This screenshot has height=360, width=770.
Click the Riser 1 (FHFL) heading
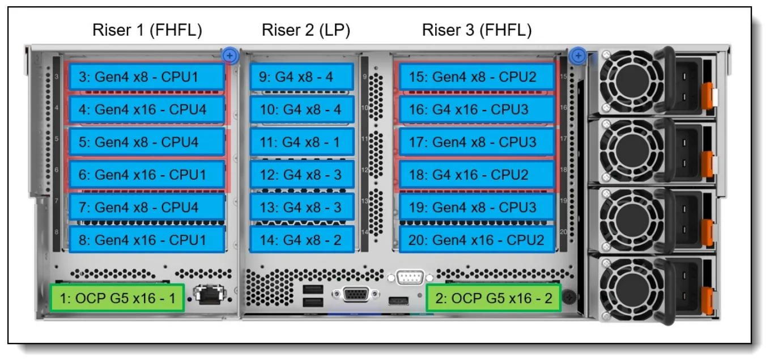(x=147, y=30)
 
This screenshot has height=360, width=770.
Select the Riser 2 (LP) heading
(x=305, y=30)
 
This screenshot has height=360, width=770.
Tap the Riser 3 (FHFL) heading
(x=477, y=30)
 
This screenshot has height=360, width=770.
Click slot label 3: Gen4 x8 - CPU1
(x=147, y=77)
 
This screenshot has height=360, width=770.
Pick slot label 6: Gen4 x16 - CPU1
(x=147, y=175)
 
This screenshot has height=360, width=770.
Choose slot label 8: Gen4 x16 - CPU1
(x=147, y=240)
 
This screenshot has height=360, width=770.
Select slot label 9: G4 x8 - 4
(x=302, y=77)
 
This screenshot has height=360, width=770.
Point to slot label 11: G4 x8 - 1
(x=302, y=142)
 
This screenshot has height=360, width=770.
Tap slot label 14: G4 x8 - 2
(x=302, y=240)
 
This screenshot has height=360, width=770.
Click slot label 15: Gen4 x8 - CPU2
(x=477, y=77)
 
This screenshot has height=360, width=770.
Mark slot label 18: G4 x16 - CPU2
(x=477, y=175)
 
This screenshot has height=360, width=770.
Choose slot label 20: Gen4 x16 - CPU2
(x=477, y=240)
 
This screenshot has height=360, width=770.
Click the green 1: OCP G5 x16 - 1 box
(x=117, y=298)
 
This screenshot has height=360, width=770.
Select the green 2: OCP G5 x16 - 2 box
(x=493, y=298)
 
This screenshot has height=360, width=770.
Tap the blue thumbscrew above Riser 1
(x=229, y=56)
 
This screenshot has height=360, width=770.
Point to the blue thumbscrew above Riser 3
(x=578, y=56)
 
